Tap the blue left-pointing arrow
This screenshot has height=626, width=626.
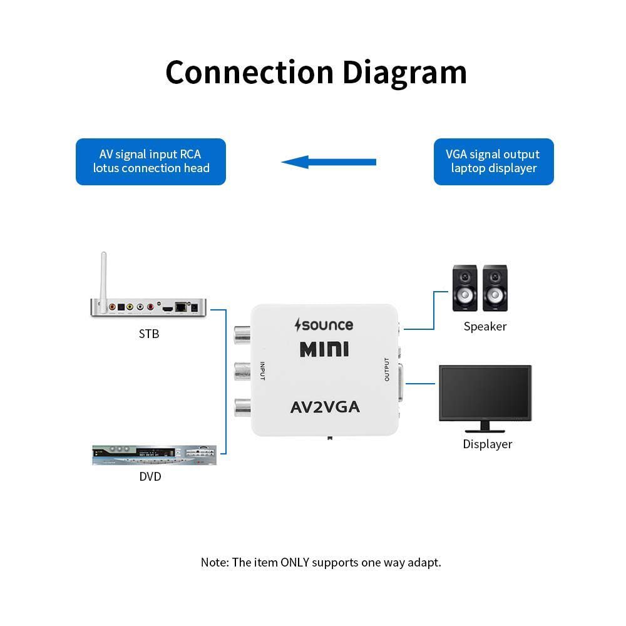tap(329, 162)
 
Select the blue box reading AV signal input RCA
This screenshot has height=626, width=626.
tap(151, 162)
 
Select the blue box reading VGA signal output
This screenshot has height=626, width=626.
tap(493, 162)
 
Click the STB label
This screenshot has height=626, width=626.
tap(149, 334)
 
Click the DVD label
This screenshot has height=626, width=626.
tap(150, 477)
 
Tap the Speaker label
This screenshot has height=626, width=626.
tap(485, 327)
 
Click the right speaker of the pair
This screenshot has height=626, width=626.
tap(495, 289)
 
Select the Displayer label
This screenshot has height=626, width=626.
tap(487, 444)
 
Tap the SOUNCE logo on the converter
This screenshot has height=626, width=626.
tap(324, 325)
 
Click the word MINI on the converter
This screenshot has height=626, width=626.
tap(324, 349)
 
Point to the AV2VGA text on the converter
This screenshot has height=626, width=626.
tap(325, 408)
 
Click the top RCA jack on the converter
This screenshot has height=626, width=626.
tap(242, 337)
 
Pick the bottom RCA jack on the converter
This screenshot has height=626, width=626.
tap(242, 408)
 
